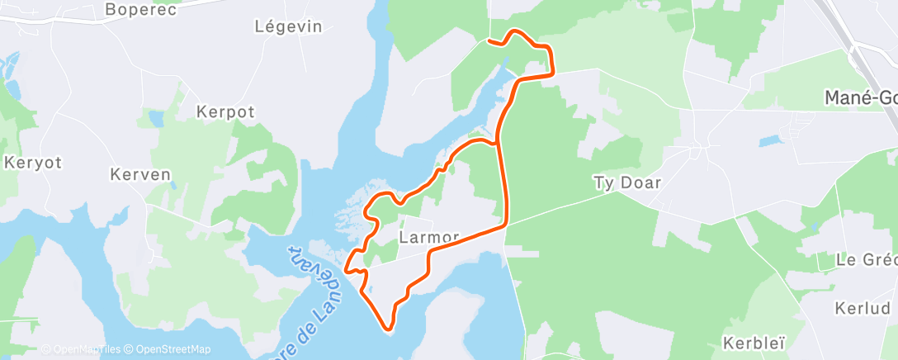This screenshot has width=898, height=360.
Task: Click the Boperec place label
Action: point(141,10)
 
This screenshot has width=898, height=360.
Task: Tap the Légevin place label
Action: point(288,26)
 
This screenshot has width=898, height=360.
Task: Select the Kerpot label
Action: point(225,111)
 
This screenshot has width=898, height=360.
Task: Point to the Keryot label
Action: point(33,162)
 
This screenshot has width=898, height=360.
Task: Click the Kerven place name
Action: point(140,174)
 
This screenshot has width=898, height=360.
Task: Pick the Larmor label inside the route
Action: point(428,237)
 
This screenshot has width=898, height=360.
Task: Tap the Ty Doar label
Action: point(627,182)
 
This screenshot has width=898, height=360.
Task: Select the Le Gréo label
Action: point(866,259)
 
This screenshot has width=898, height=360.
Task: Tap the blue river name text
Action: point(318,289)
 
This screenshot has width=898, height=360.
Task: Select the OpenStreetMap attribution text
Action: point(173,349)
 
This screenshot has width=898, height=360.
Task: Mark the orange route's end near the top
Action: point(489,40)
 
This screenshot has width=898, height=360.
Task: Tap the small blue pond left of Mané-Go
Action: point(768,141)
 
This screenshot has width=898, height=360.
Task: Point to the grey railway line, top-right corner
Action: point(850,33)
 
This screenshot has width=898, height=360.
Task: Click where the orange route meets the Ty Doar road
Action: point(506,225)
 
